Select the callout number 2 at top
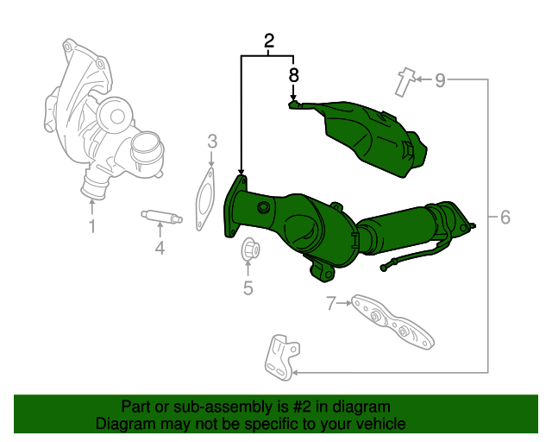coord(268,40)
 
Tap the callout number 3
coord(211,142)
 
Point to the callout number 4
coord(160,249)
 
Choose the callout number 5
coord(248,288)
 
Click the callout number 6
coord(505,218)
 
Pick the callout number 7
coord(330,303)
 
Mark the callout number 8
coord(293,75)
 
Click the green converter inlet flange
coord(235,205)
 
